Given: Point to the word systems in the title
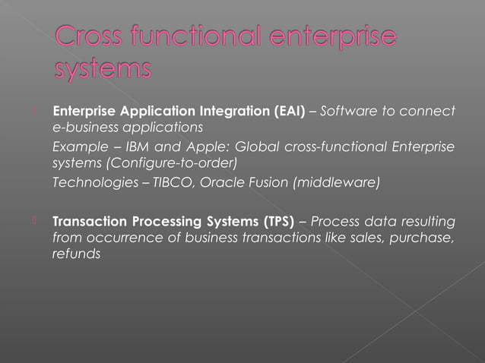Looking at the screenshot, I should pos(103,70).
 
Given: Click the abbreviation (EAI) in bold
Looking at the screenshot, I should pos(292,112).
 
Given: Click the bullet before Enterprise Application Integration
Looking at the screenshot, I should pos(34,112).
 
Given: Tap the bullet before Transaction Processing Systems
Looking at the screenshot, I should pos(34,222).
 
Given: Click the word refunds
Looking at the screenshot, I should pos(75,254).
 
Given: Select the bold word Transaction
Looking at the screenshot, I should pos(86,222).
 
